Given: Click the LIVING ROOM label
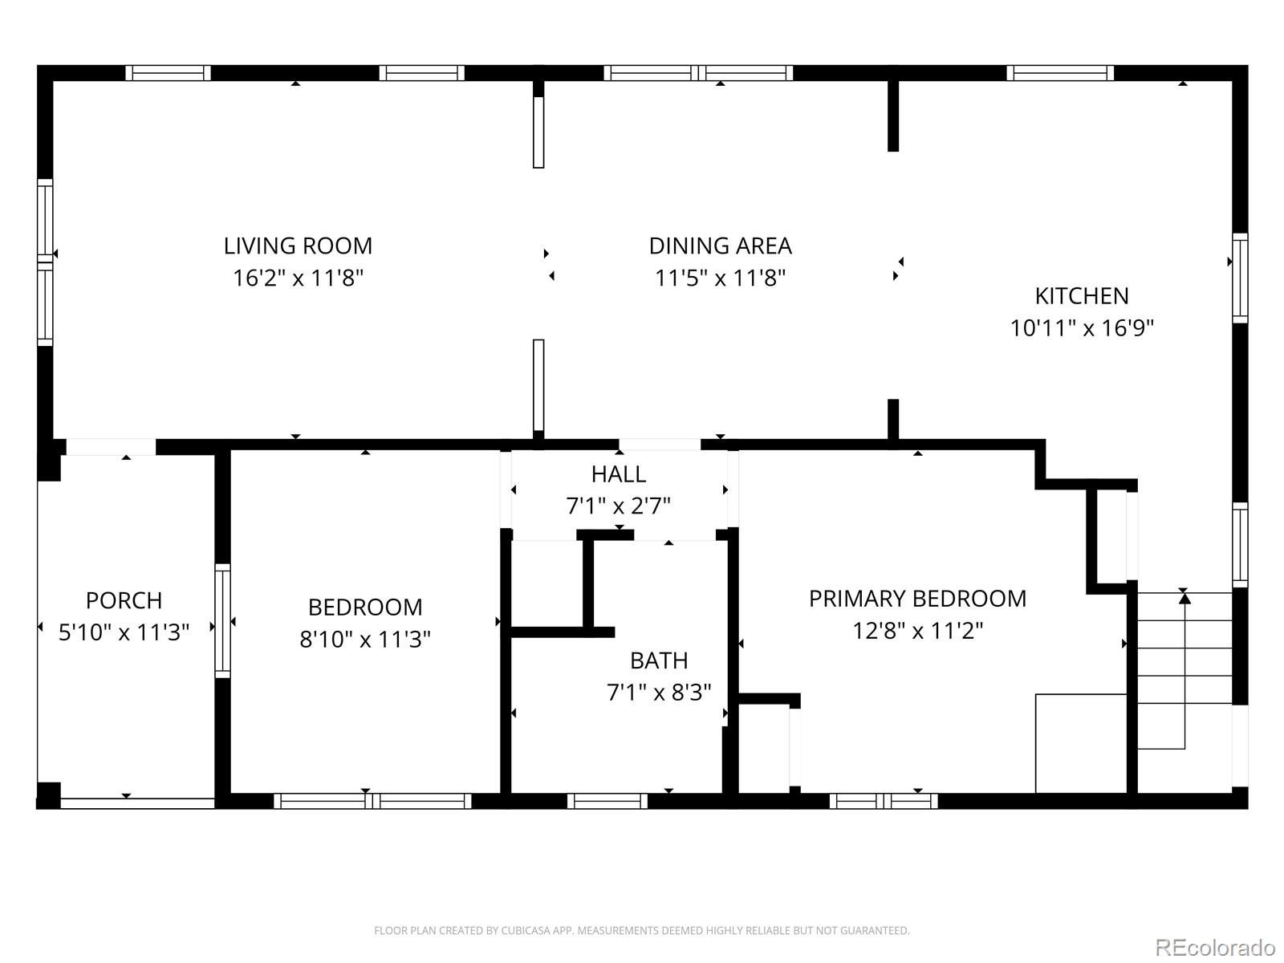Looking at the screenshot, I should tap(298, 246).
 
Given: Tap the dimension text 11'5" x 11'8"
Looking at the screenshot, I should tap(720, 278).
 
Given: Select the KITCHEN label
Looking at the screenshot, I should tap(1081, 296).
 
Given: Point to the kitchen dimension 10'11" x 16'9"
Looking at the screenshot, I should tap(1081, 328).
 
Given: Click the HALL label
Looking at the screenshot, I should tap(618, 474).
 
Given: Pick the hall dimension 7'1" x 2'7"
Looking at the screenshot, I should tap(618, 506).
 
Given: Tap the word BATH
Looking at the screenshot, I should tap(658, 660).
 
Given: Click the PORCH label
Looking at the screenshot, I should tap(124, 600).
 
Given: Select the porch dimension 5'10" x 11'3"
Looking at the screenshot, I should tap(124, 632).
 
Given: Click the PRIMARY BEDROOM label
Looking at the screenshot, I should tap(917, 599).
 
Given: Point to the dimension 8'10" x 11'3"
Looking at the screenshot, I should tap(365, 640).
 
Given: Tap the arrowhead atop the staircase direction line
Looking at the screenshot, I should tap(1184, 598).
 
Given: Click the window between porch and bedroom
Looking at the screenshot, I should tap(222, 620).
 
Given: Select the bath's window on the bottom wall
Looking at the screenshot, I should tap(607, 800).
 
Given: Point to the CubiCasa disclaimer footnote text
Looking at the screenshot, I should tap(641, 931).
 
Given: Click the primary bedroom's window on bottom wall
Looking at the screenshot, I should tap(883, 800).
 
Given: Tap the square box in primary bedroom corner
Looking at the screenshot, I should tap(1081, 743).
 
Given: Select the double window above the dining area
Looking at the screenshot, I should tap(698, 73).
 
